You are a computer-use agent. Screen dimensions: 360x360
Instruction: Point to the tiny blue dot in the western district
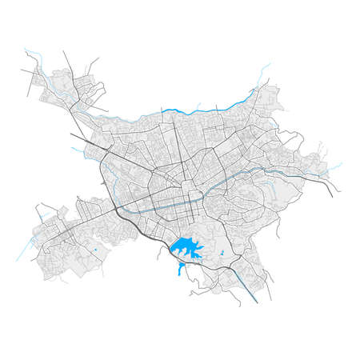tap(94, 253)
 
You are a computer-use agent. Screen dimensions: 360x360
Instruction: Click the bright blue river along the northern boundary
tap(200, 110)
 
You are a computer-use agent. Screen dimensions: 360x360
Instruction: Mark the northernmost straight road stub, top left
tap(67, 56)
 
